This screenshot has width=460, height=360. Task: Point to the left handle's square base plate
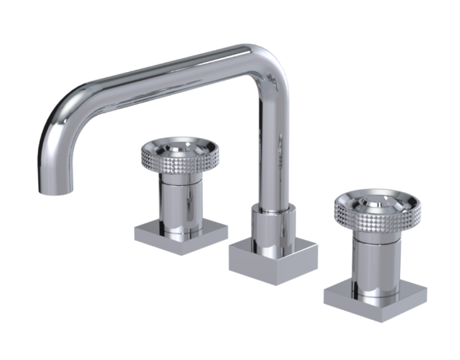pos(181,235)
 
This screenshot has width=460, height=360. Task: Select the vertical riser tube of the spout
pos(273,147)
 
